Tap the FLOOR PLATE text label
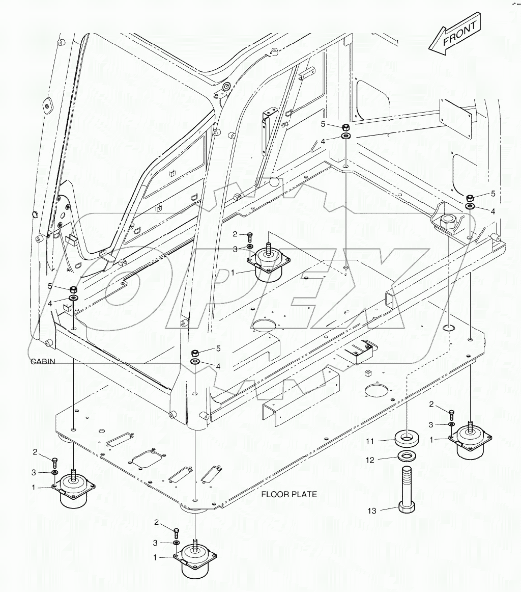click(x=289, y=494)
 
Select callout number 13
click(x=372, y=510)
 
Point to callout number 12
click(x=370, y=460)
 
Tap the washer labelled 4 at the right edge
click(x=470, y=206)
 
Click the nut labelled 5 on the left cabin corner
click(x=73, y=289)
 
